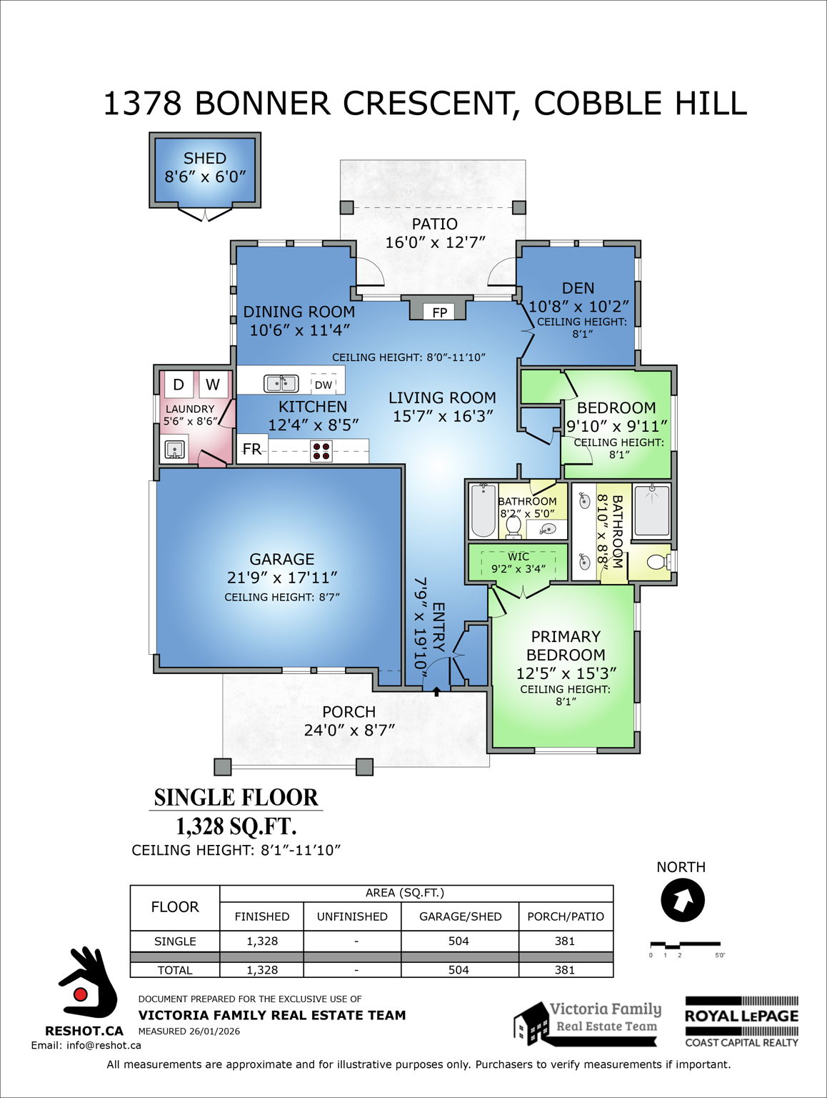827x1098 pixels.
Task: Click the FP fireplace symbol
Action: point(439,312)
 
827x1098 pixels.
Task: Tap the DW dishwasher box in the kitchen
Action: point(324,385)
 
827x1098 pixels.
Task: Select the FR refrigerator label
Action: point(252,449)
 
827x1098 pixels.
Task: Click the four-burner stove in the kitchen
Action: point(321,450)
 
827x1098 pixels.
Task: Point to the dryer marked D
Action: point(179,385)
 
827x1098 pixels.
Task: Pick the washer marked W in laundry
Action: point(213,385)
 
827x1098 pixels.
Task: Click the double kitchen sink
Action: point(281,384)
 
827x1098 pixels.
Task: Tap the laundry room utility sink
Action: point(175,450)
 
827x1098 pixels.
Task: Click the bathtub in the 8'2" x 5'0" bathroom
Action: point(483,510)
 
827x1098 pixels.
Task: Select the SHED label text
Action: point(205,159)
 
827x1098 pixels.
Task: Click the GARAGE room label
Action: point(282,559)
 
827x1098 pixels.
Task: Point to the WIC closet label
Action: point(518,557)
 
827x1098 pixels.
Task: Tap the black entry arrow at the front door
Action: point(436,691)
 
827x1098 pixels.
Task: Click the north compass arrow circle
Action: point(683,900)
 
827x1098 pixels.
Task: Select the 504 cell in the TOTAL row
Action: point(458,970)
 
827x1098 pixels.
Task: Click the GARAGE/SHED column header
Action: point(460,916)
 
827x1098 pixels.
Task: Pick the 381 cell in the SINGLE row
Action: point(565,941)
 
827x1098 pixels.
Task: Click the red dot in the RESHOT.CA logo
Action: point(81,994)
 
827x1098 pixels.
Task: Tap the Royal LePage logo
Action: point(741,1022)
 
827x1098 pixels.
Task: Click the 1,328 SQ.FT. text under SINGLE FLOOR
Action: point(236,826)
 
